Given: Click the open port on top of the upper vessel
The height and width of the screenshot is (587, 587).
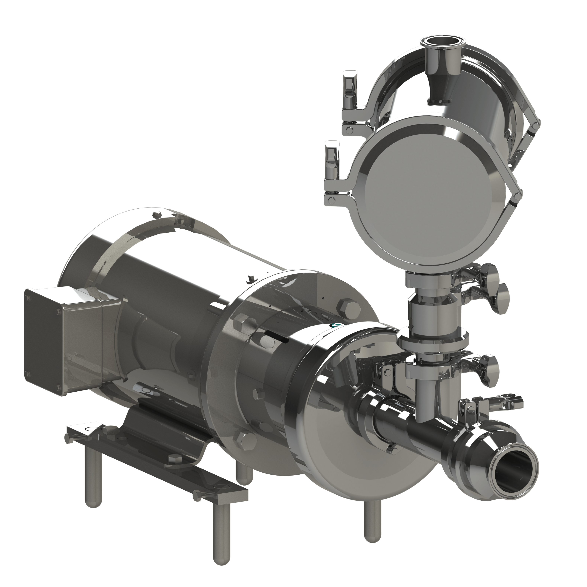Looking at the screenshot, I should click(436, 41).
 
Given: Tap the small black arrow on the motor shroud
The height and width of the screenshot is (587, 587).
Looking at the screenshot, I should click(251, 279).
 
